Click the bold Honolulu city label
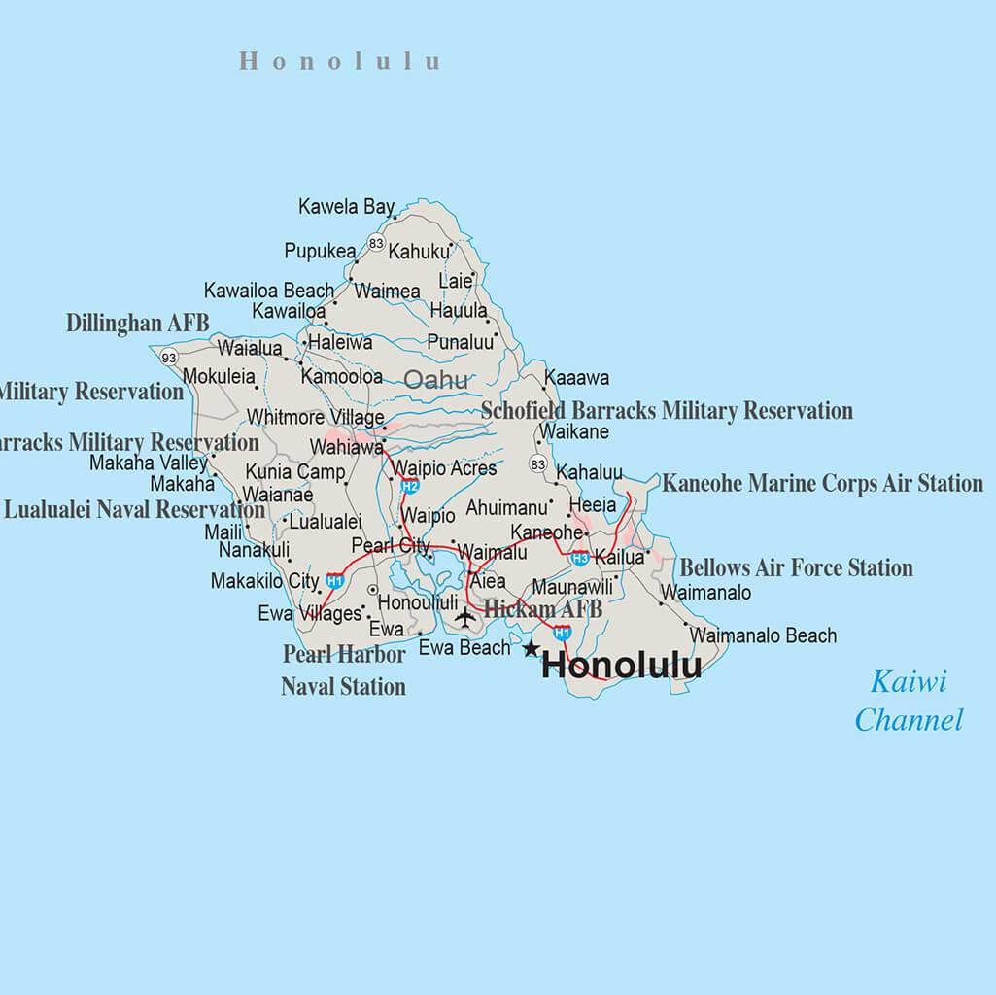621,666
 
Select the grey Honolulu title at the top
339,61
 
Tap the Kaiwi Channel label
909,701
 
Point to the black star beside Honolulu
531,648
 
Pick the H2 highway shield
410,486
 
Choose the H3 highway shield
580,558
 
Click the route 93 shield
170,357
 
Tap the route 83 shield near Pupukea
376,243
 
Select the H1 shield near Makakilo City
335,581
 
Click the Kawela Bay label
346,207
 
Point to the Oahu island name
435,380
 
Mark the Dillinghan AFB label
137,324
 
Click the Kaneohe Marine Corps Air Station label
822,483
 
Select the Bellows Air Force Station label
796,567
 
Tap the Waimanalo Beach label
763,635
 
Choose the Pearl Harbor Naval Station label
344,670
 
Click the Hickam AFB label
542,609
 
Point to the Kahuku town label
420,252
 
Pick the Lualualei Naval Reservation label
134,510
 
